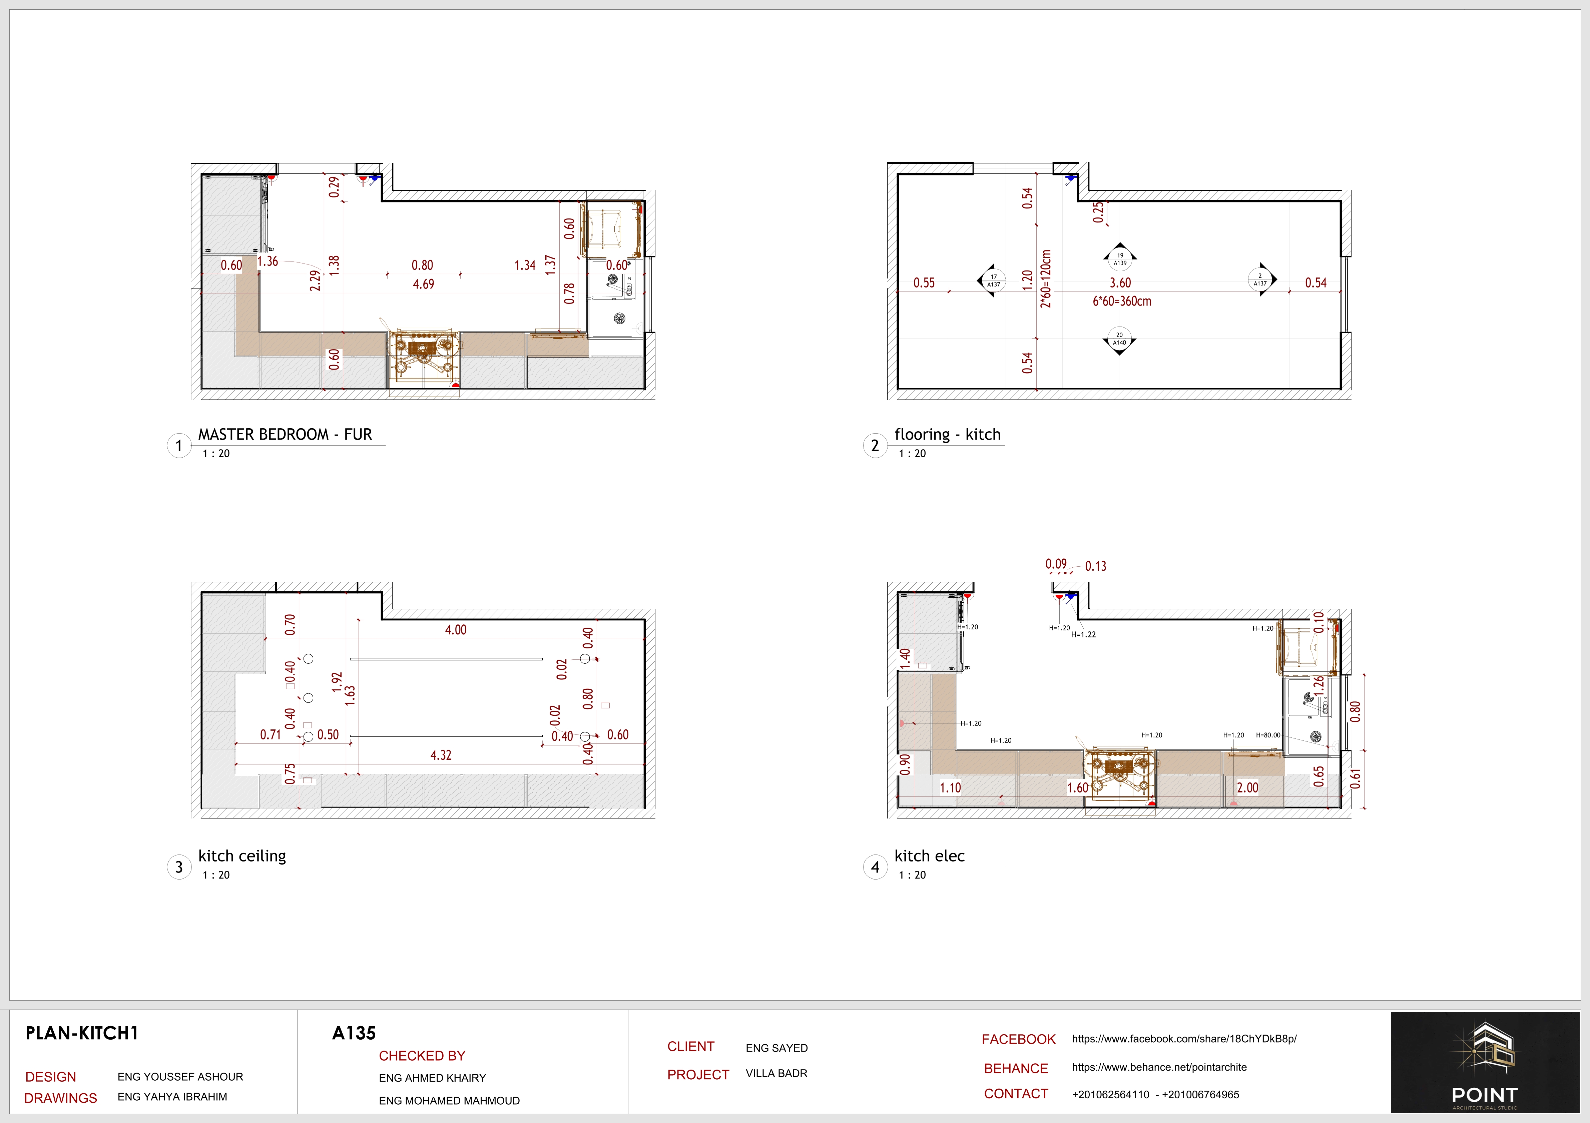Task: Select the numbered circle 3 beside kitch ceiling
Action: click(x=179, y=867)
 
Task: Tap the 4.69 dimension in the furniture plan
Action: click(x=423, y=284)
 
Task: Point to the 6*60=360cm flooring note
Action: click(x=1122, y=301)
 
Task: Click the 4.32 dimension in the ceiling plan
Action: click(x=440, y=755)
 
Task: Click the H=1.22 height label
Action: click(x=1083, y=634)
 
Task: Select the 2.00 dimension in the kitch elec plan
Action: click(x=1247, y=787)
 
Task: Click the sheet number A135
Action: click(x=354, y=1033)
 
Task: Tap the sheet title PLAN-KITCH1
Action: click(x=82, y=1033)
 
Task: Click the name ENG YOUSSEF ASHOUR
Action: click(x=180, y=1077)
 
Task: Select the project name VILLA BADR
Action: click(x=776, y=1073)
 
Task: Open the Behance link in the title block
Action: click(x=1159, y=1067)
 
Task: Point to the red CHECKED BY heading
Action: click(x=422, y=1056)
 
